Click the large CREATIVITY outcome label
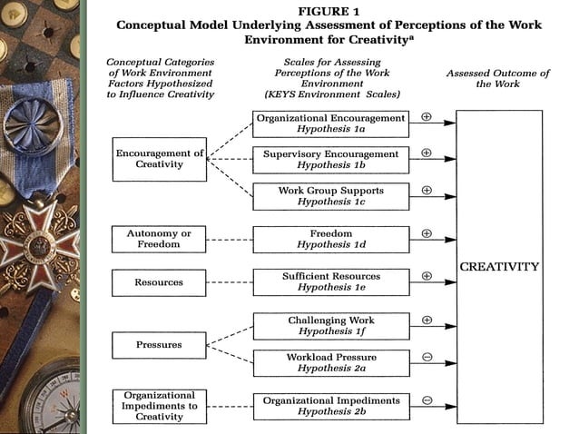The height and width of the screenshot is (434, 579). coord(499,267)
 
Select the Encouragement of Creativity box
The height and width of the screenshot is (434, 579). coord(160,159)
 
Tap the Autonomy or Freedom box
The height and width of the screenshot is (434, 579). coord(160,239)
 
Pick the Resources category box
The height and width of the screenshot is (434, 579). coord(160,282)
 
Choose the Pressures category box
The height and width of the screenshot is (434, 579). coord(160,345)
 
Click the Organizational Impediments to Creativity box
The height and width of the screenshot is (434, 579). coord(160,406)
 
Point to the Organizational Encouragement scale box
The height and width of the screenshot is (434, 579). coord(330,123)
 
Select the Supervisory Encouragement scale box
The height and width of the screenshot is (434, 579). coord(330,160)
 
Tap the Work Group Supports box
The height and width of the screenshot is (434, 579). coord(330,196)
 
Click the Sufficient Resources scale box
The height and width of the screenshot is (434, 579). coord(330,281)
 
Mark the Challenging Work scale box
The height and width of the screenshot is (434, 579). coord(330,326)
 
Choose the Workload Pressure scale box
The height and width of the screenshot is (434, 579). coord(330,362)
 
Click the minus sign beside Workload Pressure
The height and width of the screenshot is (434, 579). coord(427,357)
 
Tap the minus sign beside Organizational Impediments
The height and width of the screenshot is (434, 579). coord(427,399)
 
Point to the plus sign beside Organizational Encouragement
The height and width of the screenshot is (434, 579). coord(427,117)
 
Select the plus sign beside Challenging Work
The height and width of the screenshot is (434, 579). coord(427,320)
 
